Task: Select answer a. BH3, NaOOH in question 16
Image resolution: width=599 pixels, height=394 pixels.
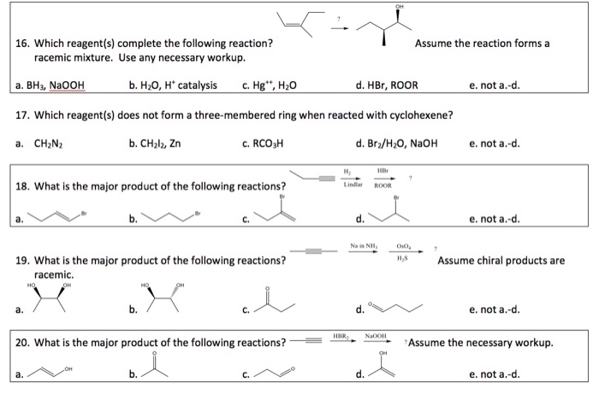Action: (56, 85)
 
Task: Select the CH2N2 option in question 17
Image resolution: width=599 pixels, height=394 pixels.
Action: (46, 143)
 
